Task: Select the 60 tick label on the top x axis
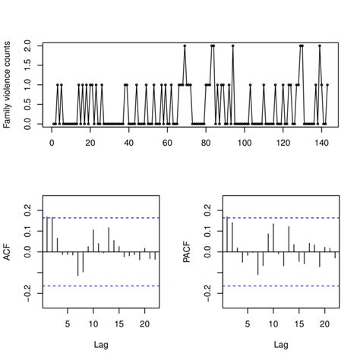[167, 142]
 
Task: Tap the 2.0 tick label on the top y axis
[27, 46]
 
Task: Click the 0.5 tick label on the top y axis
[27, 104]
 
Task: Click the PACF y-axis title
[188, 252]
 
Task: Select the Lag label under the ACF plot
[100, 344]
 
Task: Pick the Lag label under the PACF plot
[280, 344]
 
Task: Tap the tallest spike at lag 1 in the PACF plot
[227, 235]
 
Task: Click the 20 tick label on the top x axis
[90, 142]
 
